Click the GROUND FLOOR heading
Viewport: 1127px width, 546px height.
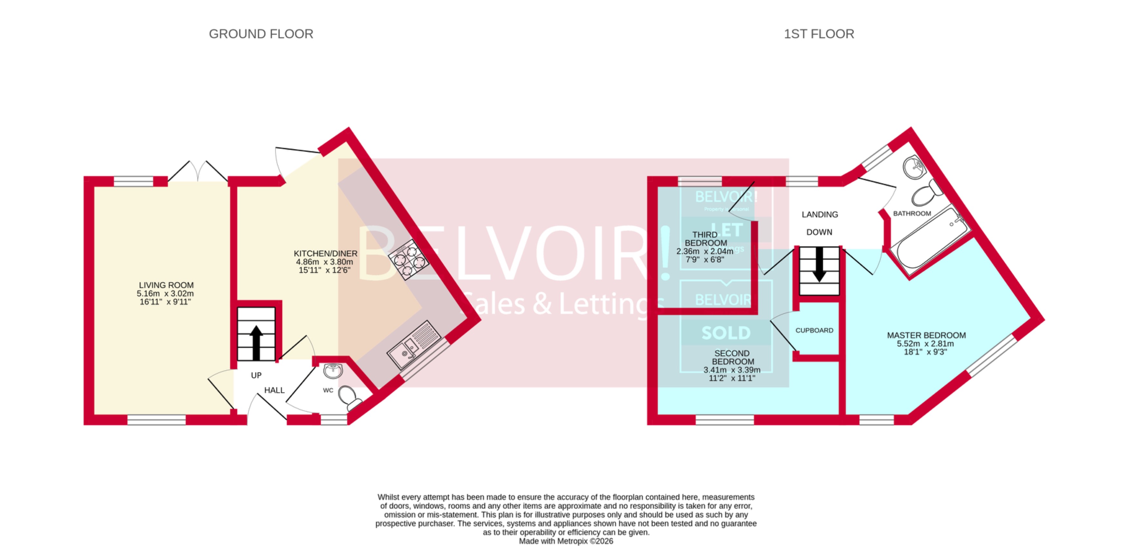(261, 34)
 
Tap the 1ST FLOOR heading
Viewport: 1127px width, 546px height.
(819, 34)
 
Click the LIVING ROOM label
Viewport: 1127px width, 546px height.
(166, 285)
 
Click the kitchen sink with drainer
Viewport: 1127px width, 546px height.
(413, 346)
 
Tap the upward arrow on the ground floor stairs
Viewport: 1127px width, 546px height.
(256, 342)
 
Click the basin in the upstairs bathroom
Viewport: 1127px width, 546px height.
(914, 167)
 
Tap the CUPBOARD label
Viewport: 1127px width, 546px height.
(814, 330)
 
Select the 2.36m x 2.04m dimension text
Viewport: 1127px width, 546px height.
(705, 252)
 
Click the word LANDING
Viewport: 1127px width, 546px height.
(819, 215)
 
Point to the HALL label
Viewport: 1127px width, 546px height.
(274, 390)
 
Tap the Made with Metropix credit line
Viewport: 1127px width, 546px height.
(566, 541)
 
